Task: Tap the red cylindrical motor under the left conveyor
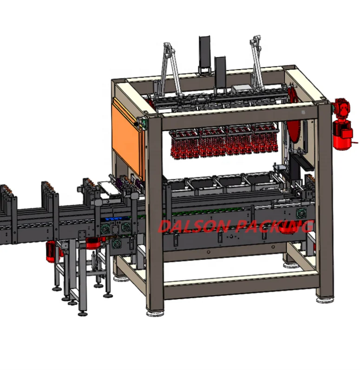click(x=51, y=251)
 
